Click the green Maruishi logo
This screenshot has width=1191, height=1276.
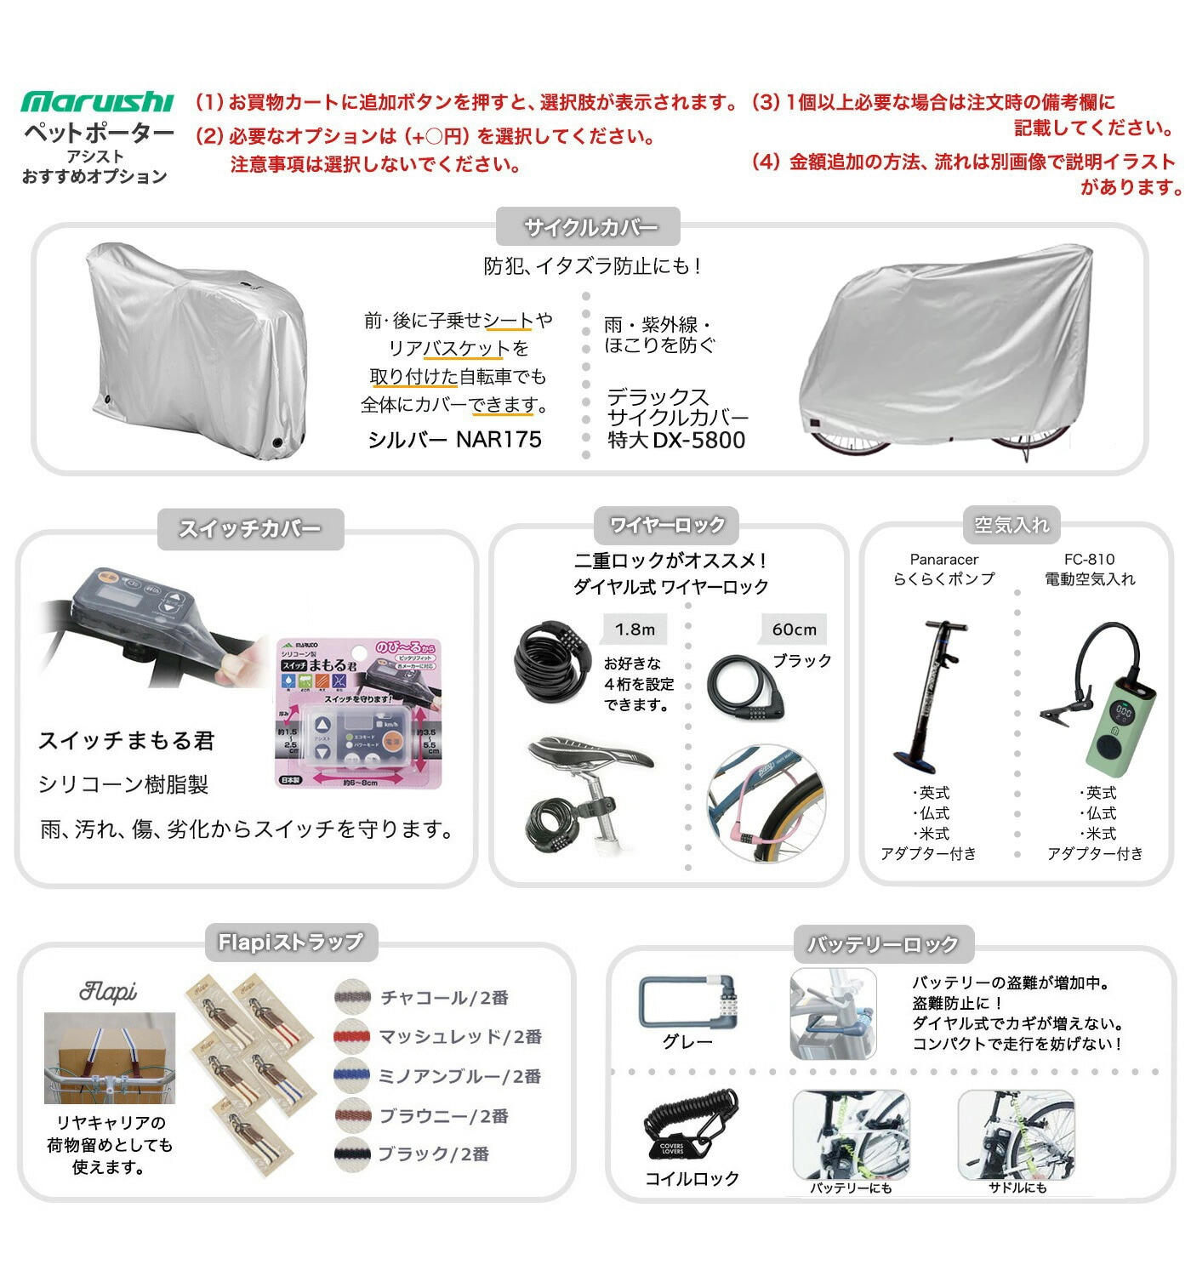pos(97,102)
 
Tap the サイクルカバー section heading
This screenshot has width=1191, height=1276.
pos(589,227)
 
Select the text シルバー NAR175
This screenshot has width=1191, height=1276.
pos(454,439)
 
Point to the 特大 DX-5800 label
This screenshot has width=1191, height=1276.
pos(676,440)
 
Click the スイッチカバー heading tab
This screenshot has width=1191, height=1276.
pos(250,528)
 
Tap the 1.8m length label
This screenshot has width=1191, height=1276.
pos(635,629)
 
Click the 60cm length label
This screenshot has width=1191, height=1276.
pos(794,629)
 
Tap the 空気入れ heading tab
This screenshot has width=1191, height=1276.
pos(1011,526)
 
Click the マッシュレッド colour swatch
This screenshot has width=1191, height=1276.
pos(352,1036)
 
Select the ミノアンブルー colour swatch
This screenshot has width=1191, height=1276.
pos(352,1076)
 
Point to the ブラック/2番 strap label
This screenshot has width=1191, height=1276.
pos(433,1154)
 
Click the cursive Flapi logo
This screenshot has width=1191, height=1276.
pos(108,991)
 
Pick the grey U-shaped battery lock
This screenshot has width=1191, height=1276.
pos(685,1001)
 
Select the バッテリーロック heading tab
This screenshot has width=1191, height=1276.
pos(882,944)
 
